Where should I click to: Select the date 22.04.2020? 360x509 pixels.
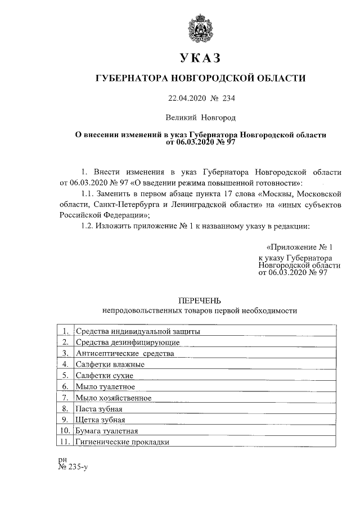185,98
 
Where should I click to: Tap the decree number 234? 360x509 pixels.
227,98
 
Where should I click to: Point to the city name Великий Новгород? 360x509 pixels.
201,118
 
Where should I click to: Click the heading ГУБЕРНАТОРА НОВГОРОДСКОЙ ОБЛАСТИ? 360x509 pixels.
201,79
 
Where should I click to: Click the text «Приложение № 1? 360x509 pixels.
303,247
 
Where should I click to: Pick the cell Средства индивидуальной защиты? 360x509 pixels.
138,331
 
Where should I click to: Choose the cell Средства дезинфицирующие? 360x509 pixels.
128,342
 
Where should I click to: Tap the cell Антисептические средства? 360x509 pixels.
125,353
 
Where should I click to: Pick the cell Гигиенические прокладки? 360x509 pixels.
123,442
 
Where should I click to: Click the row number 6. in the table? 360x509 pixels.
65,386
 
